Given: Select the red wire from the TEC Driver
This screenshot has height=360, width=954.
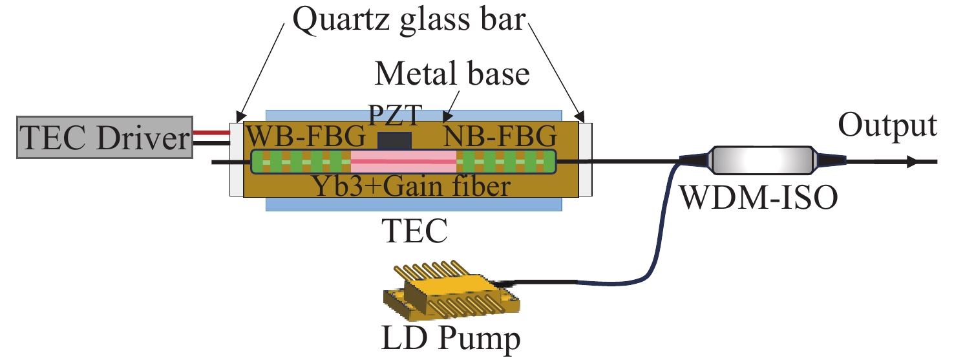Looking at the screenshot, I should point(211,132).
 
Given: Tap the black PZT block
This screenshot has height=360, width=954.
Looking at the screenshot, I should point(394,139).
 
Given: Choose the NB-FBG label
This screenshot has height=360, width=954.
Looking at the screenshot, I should point(500,138).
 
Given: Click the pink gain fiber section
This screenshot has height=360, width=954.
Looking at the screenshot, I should point(403,160).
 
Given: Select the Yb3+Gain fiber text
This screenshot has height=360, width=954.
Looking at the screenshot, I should point(414,186).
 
